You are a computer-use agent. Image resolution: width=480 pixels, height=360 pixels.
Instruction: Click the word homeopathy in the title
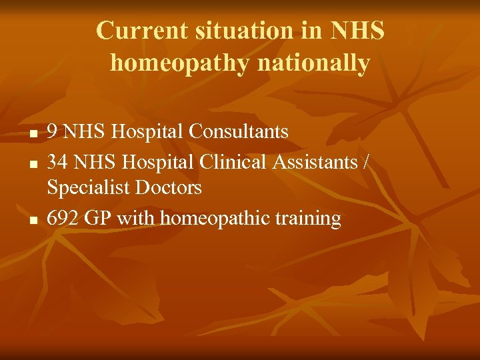point(179,63)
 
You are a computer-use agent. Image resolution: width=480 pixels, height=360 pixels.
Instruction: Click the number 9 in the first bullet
point(53,132)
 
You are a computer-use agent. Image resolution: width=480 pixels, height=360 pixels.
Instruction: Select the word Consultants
point(239,132)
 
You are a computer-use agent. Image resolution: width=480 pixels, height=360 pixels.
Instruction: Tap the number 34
point(58,161)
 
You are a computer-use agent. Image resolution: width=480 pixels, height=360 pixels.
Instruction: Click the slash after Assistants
point(364,161)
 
